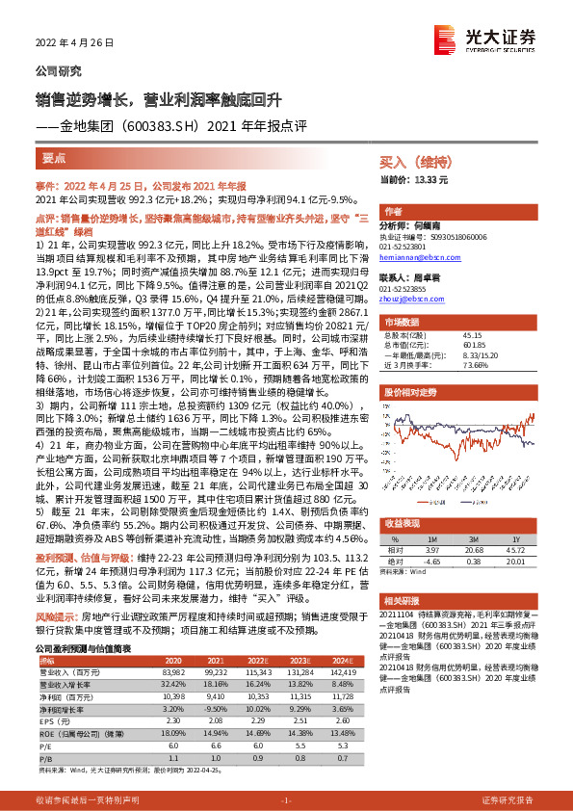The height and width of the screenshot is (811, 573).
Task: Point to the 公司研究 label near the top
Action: (58, 71)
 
